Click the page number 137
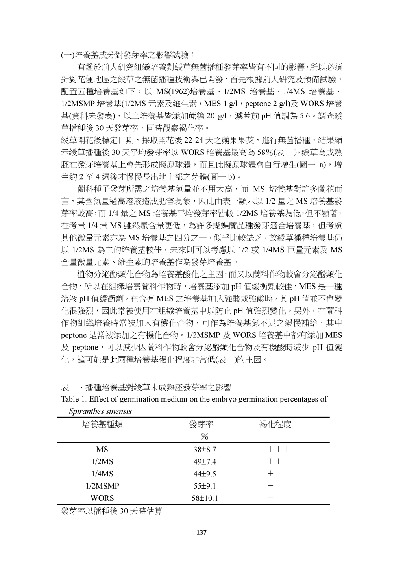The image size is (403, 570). click(201, 533)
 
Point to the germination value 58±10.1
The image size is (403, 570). click(205, 498)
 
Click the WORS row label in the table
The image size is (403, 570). click(102, 498)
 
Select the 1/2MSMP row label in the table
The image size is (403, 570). click(102, 486)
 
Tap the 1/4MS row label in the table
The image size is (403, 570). click(102, 474)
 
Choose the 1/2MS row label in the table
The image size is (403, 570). click(102, 461)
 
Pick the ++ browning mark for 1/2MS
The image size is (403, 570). click(274, 461)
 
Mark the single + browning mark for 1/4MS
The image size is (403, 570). click(270, 474)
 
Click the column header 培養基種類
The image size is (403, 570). click(102, 424)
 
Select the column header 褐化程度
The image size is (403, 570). click(275, 424)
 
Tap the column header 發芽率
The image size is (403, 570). click(201, 424)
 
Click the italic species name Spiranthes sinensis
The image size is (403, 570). click(100, 411)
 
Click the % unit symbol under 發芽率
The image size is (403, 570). click(204, 436)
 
